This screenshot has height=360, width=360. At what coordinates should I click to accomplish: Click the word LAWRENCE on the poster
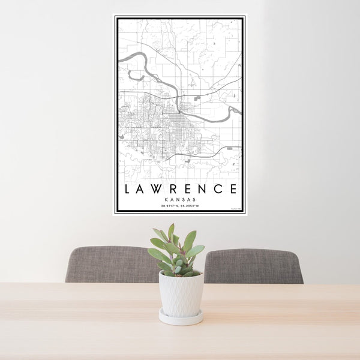[180, 188]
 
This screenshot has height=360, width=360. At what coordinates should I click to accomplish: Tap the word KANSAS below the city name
[180, 200]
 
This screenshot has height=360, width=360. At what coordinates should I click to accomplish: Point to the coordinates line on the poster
[180, 206]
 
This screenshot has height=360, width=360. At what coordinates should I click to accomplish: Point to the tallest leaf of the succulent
[172, 232]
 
